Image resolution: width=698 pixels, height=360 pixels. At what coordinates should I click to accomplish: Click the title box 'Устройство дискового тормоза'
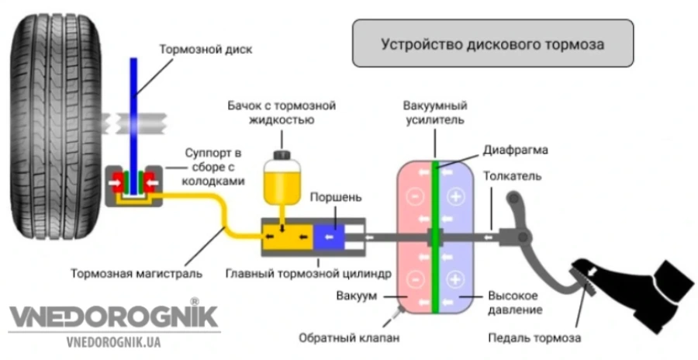[x=492, y=43]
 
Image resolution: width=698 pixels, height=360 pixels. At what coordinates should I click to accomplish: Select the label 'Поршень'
[x=334, y=198]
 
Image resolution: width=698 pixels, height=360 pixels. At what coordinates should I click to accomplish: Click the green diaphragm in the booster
[x=436, y=233]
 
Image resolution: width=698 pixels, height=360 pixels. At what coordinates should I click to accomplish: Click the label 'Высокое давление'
[x=515, y=303]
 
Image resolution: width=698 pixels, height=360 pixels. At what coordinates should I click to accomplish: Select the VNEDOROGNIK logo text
[x=113, y=317]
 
